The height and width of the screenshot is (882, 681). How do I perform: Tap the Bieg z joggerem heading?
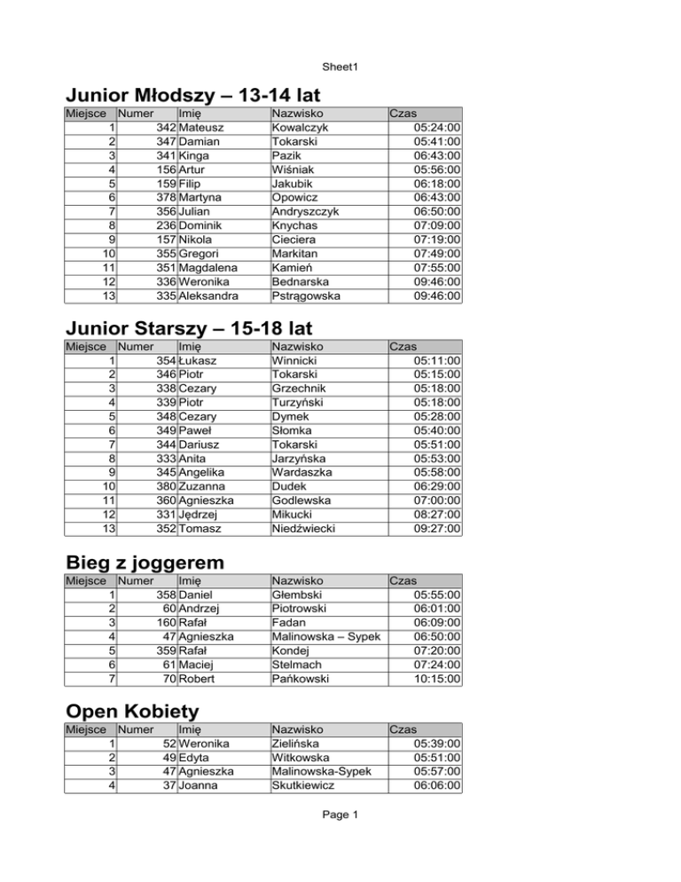(145, 562)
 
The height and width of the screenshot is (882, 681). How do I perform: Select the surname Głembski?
(297, 594)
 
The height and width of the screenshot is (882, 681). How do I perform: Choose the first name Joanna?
(199, 785)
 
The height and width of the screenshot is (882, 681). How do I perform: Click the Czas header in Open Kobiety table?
(403, 728)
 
